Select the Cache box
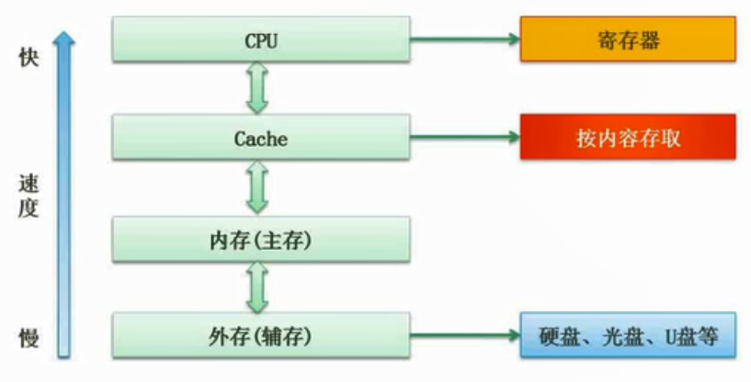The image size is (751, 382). point(261,139)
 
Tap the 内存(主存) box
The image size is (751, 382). point(261,240)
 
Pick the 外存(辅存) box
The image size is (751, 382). point(261,336)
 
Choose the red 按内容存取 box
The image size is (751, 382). point(628,139)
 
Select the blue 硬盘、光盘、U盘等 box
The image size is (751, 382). point(628,336)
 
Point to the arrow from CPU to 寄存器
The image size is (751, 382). point(464,39)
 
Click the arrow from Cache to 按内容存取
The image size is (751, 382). point(464,139)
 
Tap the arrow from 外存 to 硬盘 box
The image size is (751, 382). point(464,336)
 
